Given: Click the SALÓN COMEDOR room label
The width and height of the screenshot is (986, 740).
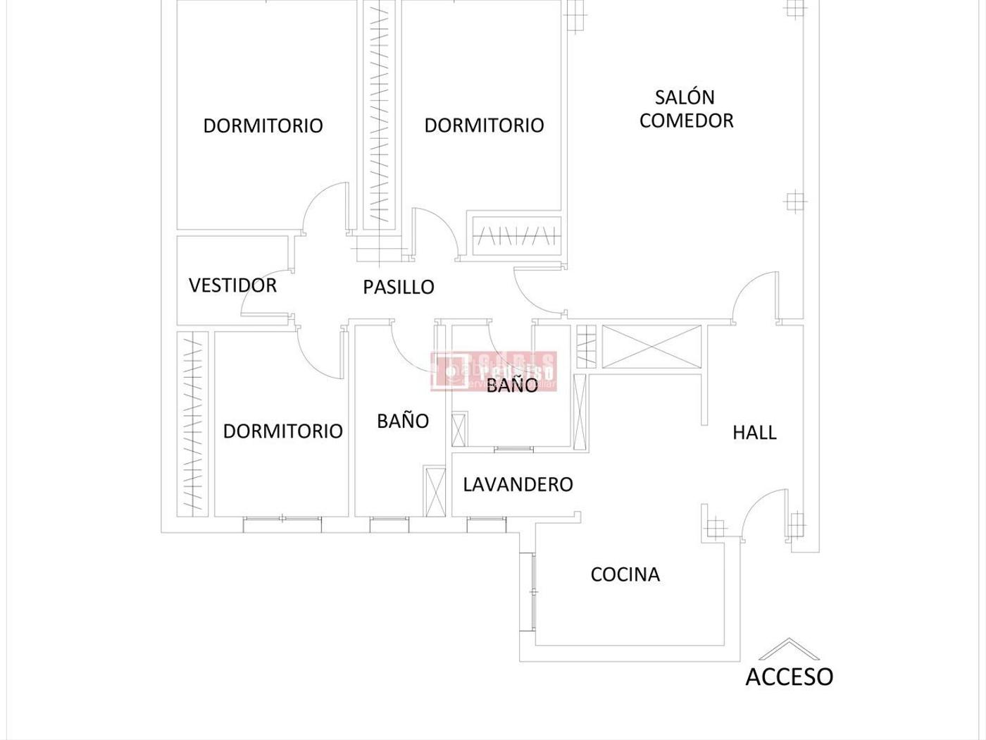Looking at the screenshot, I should click(x=686, y=109).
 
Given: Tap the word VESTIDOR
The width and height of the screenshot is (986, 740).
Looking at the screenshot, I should click(x=232, y=285).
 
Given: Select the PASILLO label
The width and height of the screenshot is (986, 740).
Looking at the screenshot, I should click(x=399, y=287).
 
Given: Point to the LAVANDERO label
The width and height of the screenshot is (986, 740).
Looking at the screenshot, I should click(x=518, y=484).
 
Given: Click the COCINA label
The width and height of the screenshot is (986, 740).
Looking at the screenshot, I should click(x=625, y=574).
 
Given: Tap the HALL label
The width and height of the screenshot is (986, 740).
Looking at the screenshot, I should click(x=754, y=432).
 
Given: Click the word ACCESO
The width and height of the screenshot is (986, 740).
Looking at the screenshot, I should click(x=789, y=677).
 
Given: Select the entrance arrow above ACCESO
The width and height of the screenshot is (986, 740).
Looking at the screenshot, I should click(x=789, y=647).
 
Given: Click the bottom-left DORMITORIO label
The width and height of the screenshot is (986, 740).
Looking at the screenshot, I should click(x=282, y=431).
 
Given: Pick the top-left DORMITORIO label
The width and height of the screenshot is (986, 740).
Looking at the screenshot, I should click(x=263, y=125).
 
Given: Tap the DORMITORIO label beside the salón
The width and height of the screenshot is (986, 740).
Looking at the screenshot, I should click(x=484, y=125).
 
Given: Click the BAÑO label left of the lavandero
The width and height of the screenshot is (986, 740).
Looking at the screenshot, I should click(x=403, y=421).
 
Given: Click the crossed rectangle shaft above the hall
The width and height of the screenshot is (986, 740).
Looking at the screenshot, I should click(x=651, y=346).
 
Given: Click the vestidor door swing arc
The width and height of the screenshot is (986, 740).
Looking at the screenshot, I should click(x=264, y=292).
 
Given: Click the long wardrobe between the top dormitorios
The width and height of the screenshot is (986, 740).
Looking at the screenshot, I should click(x=378, y=113).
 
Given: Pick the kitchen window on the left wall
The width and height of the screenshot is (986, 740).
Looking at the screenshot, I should click(x=528, y=592).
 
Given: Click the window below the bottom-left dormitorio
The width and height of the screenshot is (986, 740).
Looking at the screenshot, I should click(x=282, y=524).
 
